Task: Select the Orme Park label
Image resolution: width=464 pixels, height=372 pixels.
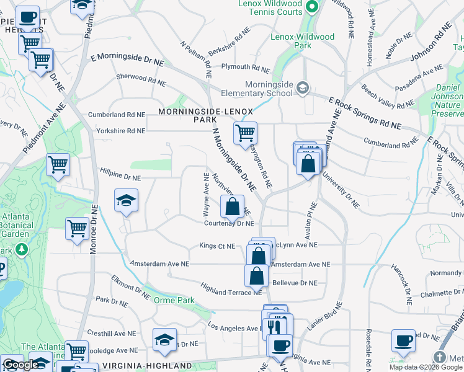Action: coord(174,301)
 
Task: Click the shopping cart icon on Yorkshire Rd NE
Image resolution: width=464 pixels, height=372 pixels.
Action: coord(246,133)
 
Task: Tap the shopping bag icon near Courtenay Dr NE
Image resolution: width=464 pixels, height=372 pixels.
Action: coord(232,206)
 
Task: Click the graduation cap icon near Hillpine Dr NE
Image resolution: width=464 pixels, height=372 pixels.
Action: coord(126,200)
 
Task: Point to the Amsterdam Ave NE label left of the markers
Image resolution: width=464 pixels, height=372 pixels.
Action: coord(159,263)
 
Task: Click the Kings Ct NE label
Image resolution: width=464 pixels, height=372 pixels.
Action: coord(217,246)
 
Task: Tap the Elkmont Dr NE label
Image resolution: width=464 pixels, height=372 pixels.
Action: coord(130,286)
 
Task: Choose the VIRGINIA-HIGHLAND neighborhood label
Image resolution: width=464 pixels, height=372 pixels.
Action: coord(138,365)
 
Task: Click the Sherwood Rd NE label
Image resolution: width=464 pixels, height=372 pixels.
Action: coord(141,80)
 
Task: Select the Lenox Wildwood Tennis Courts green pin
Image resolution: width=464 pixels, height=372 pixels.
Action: coord(313,7)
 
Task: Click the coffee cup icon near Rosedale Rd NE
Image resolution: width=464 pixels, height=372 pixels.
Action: coord(403,340)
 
